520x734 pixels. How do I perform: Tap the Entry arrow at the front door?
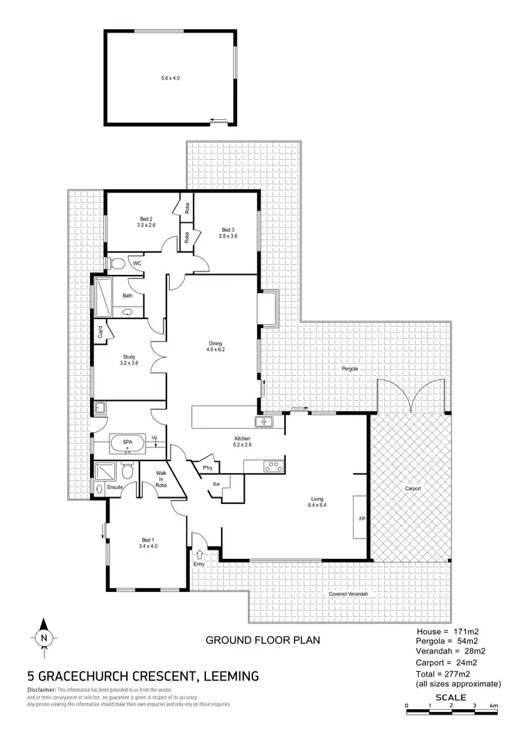tap(200, 554)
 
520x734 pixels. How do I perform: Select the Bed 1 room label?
tap(146, 543)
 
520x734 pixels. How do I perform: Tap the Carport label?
tap(413, 488)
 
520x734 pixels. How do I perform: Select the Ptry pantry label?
tap(207, 468)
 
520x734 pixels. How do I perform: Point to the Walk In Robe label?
tap(160, 479)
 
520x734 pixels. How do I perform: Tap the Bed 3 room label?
tap(229, 233)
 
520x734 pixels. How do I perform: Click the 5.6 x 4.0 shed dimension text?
tap(170, 78)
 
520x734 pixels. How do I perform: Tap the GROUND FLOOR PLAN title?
tap(263, 640)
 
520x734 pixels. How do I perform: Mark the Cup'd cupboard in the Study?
tap(101, 332)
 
